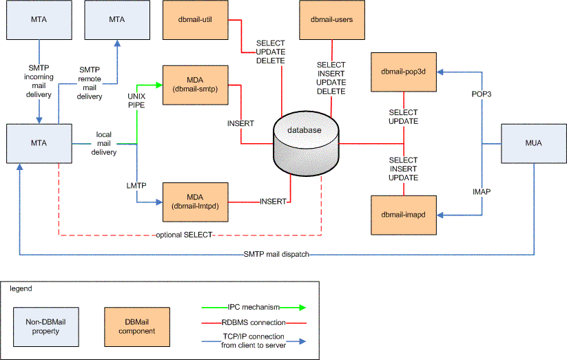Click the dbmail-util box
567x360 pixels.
(195, 20)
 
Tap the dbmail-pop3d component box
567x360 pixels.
(404, 71)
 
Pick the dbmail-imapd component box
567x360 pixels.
(404, 215)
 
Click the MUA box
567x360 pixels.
(535, 144)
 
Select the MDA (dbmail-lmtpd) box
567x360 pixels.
(195, 202)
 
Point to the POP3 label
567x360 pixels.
(481, 94)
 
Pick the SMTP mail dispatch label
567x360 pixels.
(276, 255)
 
